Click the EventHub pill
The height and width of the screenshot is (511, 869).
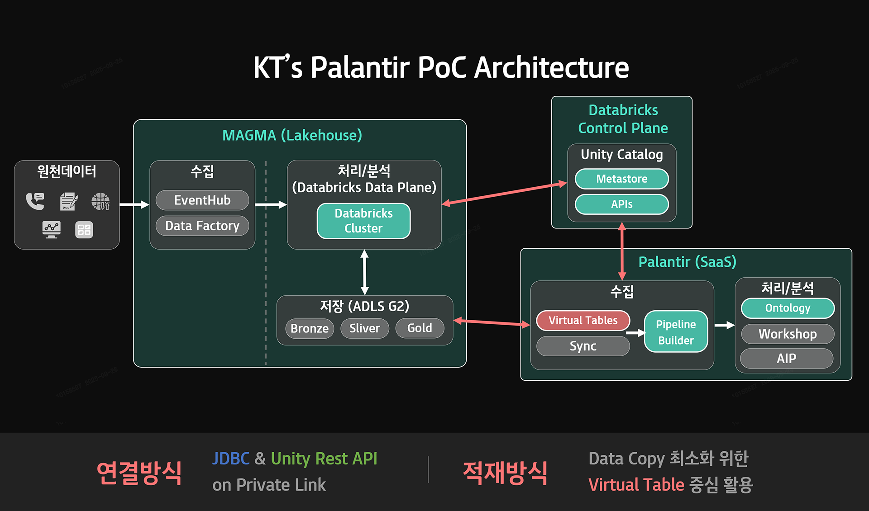pos(202,200)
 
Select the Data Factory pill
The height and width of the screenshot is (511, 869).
pos(202,226)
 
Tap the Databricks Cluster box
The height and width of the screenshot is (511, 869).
pos(364,221)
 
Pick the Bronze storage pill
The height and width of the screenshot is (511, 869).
pos(310,328)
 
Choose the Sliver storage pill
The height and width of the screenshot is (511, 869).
pos(365,328)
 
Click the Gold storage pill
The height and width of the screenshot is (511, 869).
pos(420,328)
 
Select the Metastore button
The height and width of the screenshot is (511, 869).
pos(622,179)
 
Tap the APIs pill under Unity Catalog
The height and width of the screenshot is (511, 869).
pos(622,204)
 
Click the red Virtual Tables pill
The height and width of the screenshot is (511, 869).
pos(583,320)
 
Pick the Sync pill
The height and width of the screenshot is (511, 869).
pos(583,346)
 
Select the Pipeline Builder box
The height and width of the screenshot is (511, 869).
pos(676,331)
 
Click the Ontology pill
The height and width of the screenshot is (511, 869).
pos(788,308)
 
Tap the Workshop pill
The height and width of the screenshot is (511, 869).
pos(788,334)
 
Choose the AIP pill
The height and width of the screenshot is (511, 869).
pos(787,359)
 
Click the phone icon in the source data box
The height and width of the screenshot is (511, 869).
pos(35,201)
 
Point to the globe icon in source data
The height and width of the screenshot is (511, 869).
pos(100,201)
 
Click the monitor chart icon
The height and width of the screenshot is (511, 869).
pos(52,230)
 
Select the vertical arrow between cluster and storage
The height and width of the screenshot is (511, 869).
pos(364,272)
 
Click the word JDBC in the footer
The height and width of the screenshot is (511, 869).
pos(231,459)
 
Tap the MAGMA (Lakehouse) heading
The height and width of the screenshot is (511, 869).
pos(292,135)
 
